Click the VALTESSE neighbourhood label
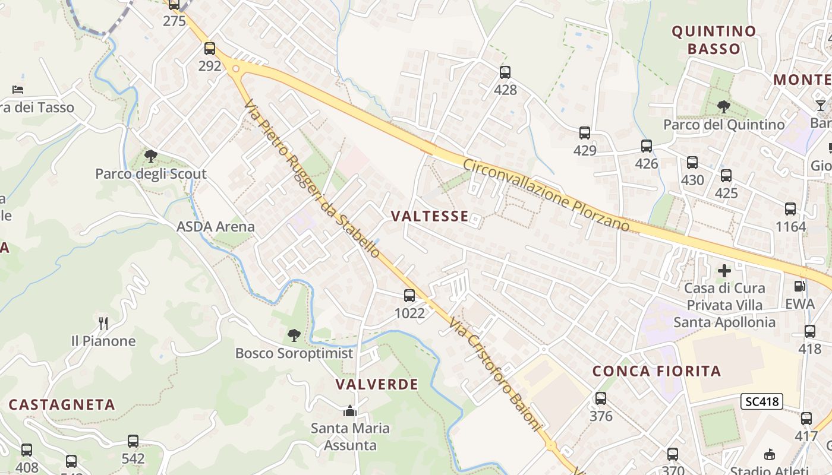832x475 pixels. point(430,216)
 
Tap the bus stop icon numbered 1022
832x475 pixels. point(409,295)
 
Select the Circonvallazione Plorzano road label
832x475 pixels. point(546,195)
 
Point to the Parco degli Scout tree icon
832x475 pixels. point(151,156)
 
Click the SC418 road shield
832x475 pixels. point(762,401)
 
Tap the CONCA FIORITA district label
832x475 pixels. point(657,371)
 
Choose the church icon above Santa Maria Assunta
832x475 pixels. point(349,411)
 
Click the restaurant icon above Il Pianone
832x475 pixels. point(103,323)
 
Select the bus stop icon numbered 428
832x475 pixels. point(505,72)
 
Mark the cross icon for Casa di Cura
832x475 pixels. point(724,271)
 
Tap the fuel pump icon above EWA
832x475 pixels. point(800,286)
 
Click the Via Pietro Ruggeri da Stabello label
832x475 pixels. point(312,178)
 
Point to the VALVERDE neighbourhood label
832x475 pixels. point(377,384)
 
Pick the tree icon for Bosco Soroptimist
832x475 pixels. point(294,335)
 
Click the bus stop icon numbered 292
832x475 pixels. point(210,49)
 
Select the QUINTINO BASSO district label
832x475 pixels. point(714,40)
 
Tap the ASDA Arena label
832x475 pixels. point(215,226)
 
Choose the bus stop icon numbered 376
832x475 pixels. point(601,398)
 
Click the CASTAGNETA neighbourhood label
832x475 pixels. point(62,404)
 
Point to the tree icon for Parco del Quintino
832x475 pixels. point(723,107)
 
